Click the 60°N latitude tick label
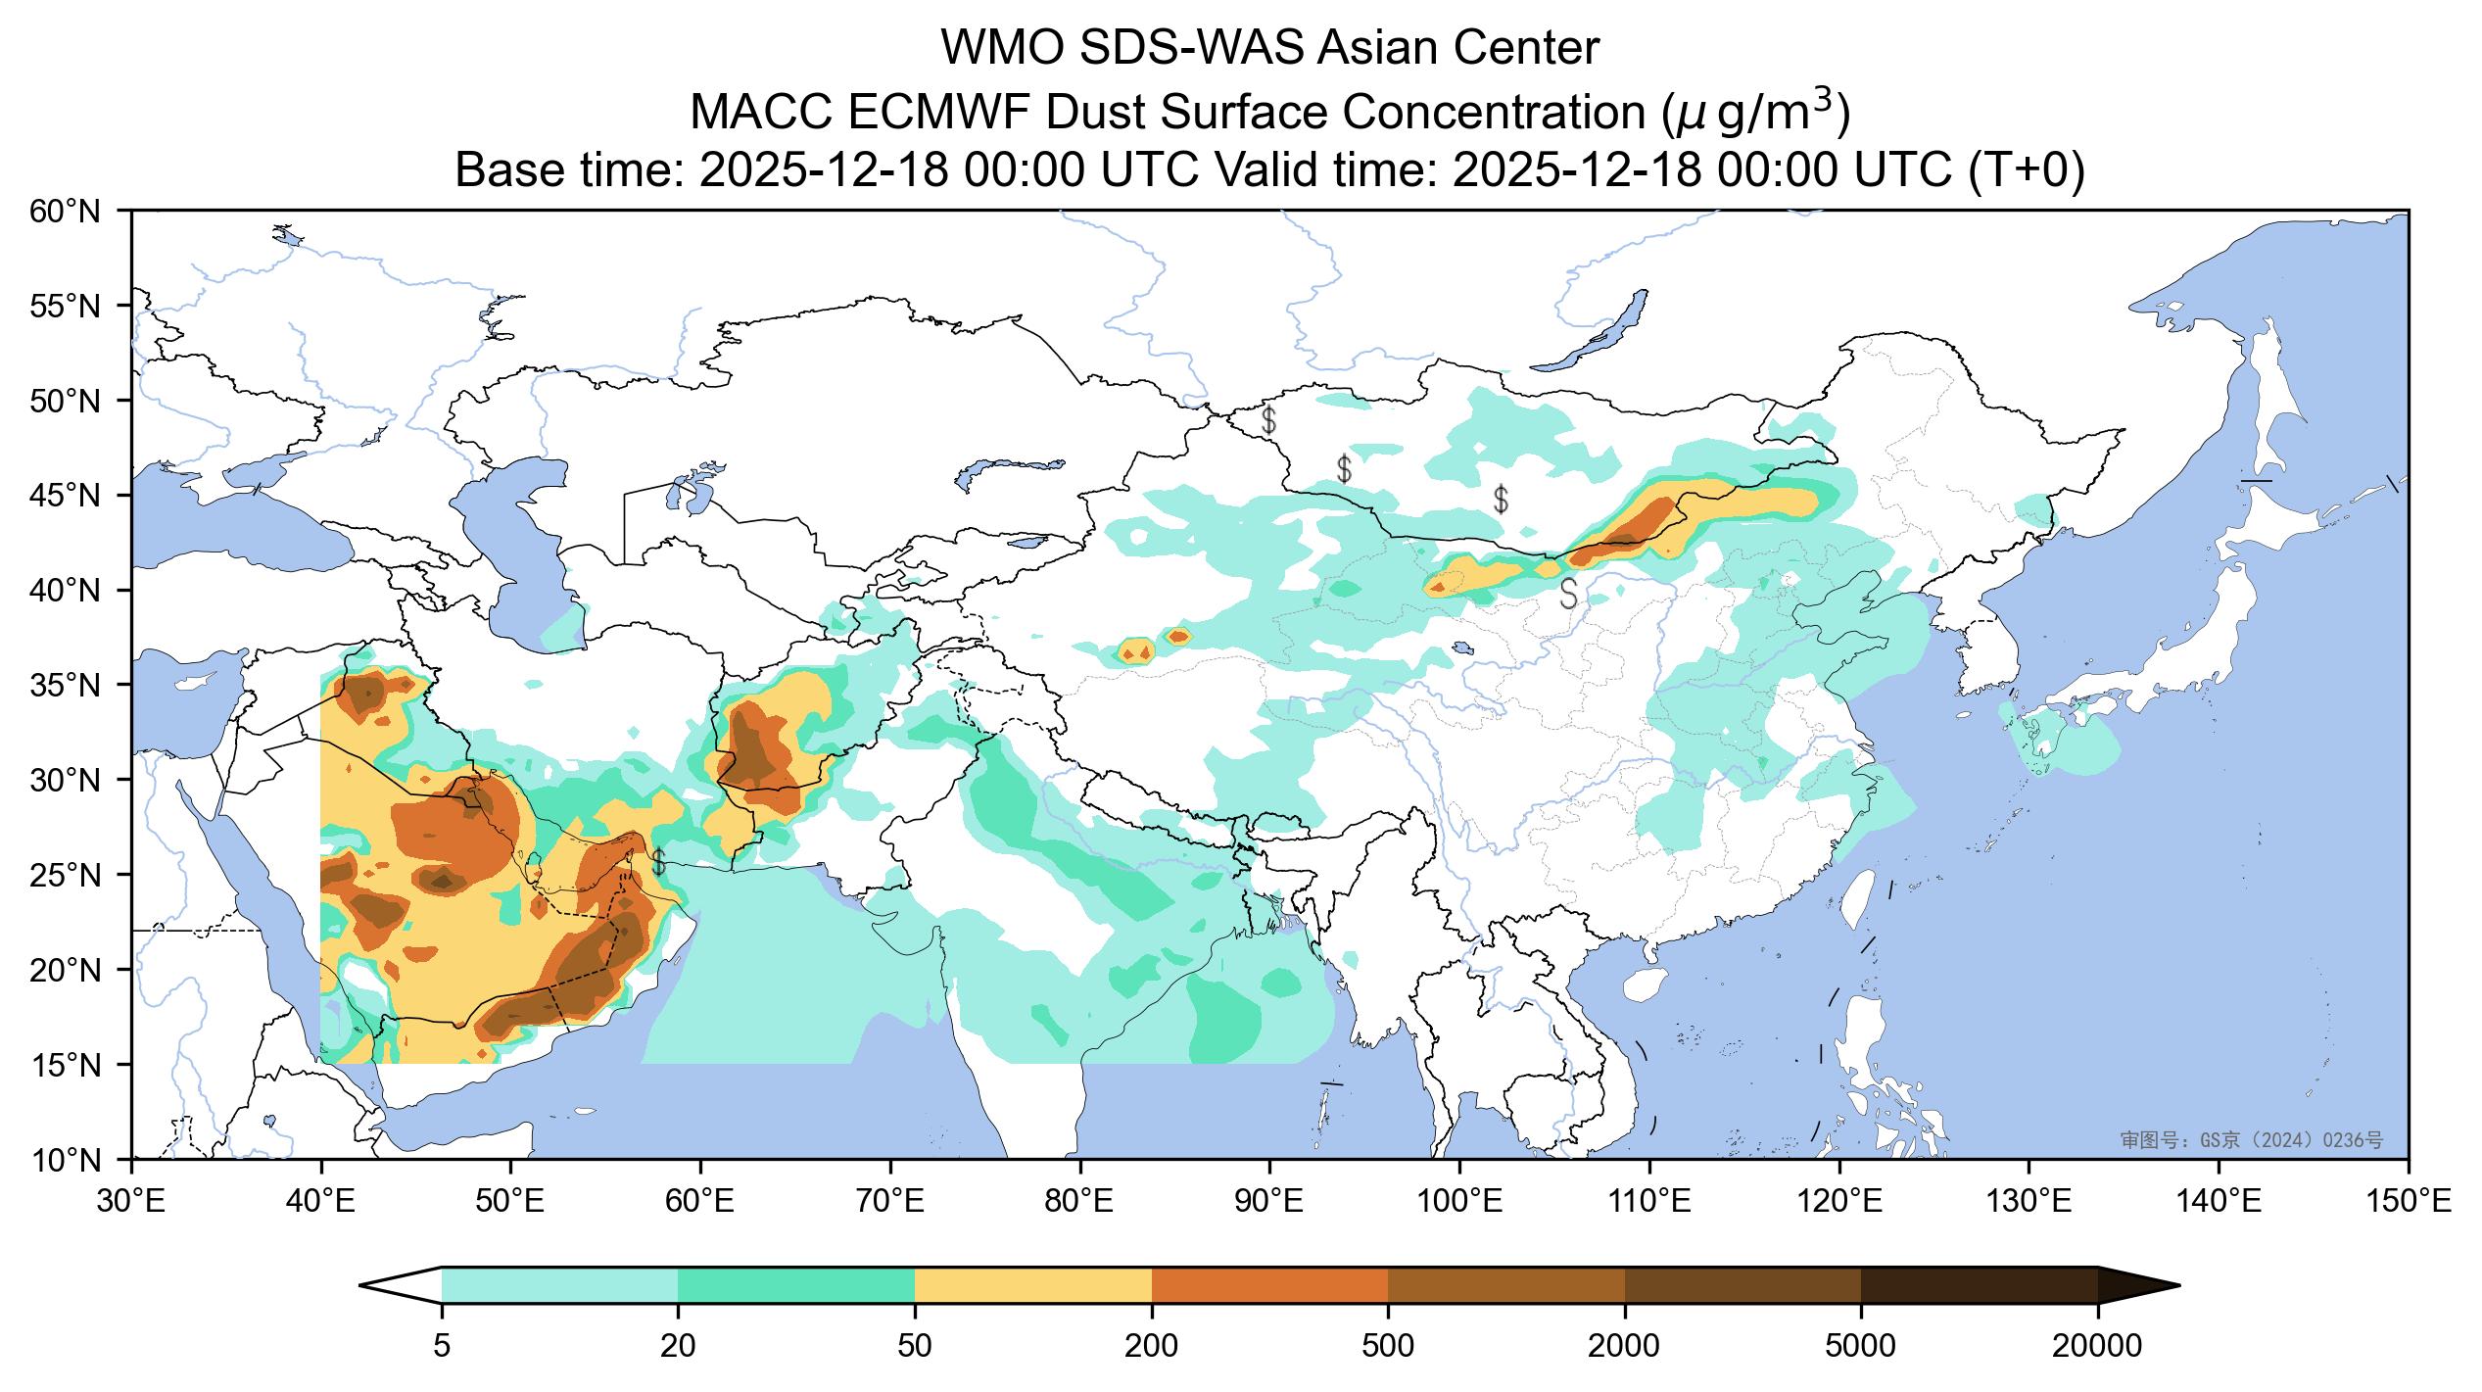(65, 211)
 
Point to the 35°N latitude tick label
(65, 685)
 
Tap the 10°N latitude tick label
(65, 1161)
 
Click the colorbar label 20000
(2096, 1347)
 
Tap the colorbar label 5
(442, 1347)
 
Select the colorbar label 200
(1151, 1347)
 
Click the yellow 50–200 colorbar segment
(1032, 1285)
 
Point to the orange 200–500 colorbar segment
(1269, 1285)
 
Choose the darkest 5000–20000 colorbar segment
(1979, 1285)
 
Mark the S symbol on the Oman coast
(658, 862)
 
